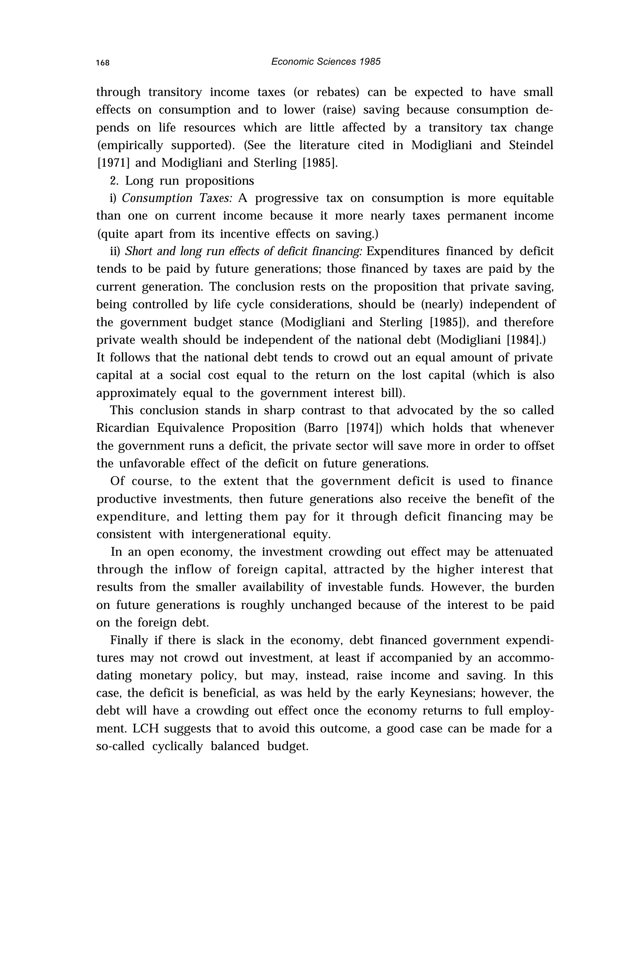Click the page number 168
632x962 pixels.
(102, 63)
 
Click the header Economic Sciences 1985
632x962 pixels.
(326, 61)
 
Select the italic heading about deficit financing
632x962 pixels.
(243, 251)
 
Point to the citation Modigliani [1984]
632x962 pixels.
(491, 340)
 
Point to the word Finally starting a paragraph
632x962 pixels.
(128, 640)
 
